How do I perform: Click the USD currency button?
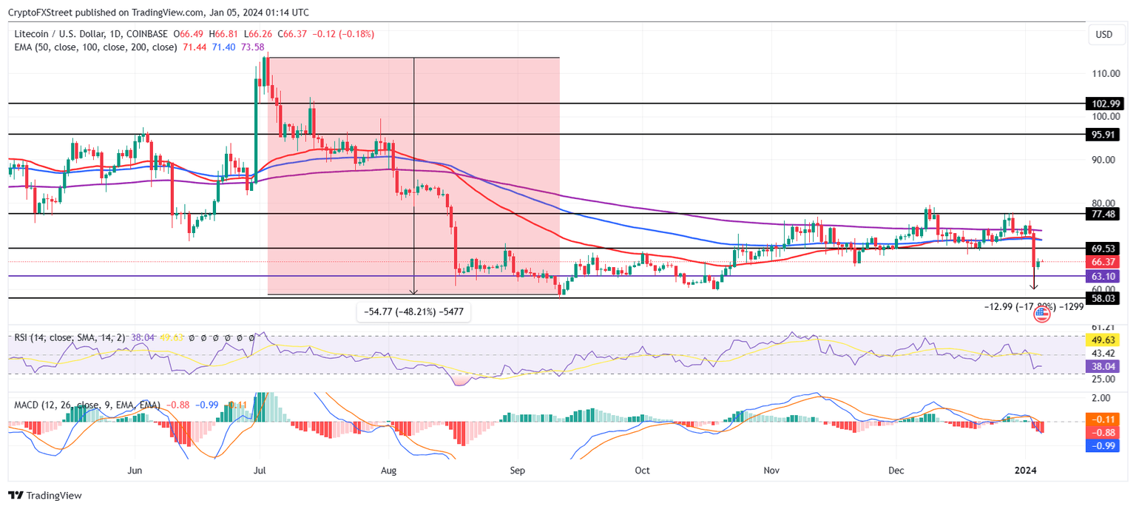tap(1103, 35)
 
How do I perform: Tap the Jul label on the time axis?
tap(260, 470)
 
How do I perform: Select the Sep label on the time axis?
tap(518, 470)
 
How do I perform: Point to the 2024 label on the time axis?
tap(1026, 470)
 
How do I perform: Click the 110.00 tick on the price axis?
tap(1105, 74)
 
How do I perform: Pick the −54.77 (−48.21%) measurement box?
tap(413, 312)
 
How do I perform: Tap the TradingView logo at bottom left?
tap(45, 496)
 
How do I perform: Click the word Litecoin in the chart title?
tap(33, 34)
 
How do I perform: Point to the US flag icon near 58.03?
tap(1041, 314)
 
